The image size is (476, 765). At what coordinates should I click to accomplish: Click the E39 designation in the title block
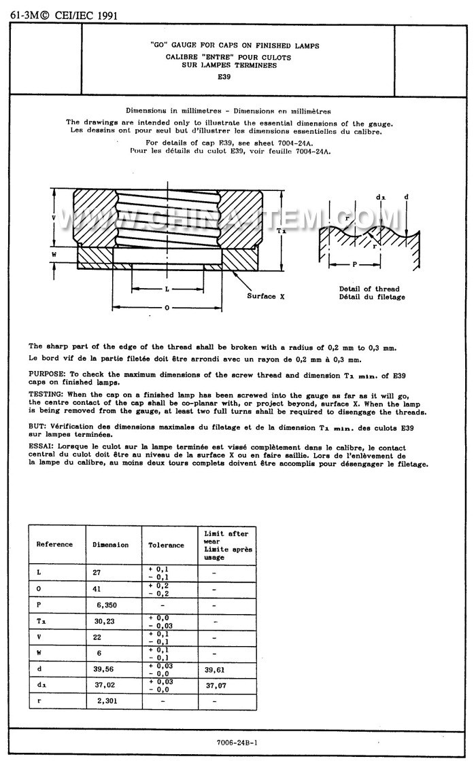pyautogui.click(x=224, y=77)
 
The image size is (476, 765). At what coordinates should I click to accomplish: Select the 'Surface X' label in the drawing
pyautogui.click(x=261, y=296)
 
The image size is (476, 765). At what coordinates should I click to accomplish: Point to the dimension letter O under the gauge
pyautogui.click(x=167, y=308)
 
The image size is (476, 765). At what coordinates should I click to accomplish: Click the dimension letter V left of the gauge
pyautogui.click(x=54, y=217)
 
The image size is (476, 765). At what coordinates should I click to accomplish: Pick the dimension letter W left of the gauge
pyautogui.click(x=54, y=254)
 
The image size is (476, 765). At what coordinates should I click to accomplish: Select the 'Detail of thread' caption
pyautogui.click(x=369, y=289)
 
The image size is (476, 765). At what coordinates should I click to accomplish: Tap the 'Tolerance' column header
pyautogui.click(x=166, y=545)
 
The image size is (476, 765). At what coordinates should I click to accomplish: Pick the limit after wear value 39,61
pyautogui.click(x=214, y=669)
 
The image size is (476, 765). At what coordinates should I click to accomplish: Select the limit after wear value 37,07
pyautogui.click(x=215, y=686)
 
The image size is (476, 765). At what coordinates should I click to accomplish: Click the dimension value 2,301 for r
pyautogui.click(x=105, y=701)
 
